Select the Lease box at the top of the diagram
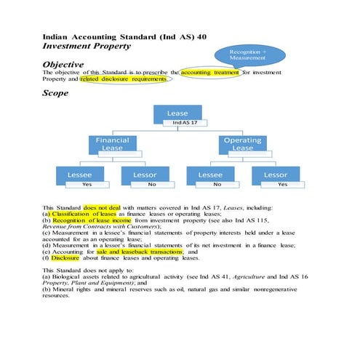(x=177, y=113)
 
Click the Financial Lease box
(x=112, y=143)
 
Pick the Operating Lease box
(x=242, y=143)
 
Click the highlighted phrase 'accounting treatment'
(x=209, y=73)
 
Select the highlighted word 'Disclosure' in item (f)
(x=65, y=257)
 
